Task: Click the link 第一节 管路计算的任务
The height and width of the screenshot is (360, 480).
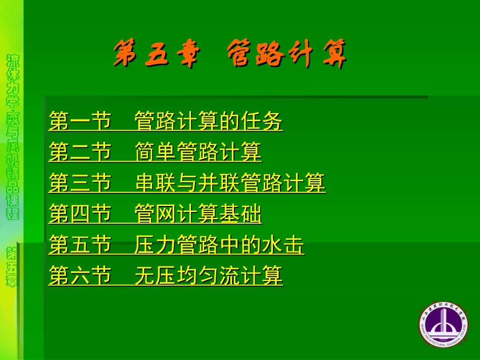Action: [166, 122]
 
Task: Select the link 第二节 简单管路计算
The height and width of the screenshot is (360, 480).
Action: [155, 152]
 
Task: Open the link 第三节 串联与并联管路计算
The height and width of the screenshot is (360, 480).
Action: [187, 183]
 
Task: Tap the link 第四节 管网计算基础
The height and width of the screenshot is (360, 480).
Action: [155, 215]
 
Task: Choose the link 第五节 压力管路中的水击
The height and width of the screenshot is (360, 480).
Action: [176, 246]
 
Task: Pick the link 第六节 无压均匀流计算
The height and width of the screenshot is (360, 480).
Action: [166, 277]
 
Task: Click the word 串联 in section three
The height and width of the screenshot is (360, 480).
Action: [156, 183]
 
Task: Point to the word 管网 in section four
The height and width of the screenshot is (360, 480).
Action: [156, 215]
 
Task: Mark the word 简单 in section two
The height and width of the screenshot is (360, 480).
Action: [156, 152]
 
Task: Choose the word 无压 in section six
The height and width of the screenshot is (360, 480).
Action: [156, 277]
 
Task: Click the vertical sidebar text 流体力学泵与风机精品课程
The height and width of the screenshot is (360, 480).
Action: [13, 136]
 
